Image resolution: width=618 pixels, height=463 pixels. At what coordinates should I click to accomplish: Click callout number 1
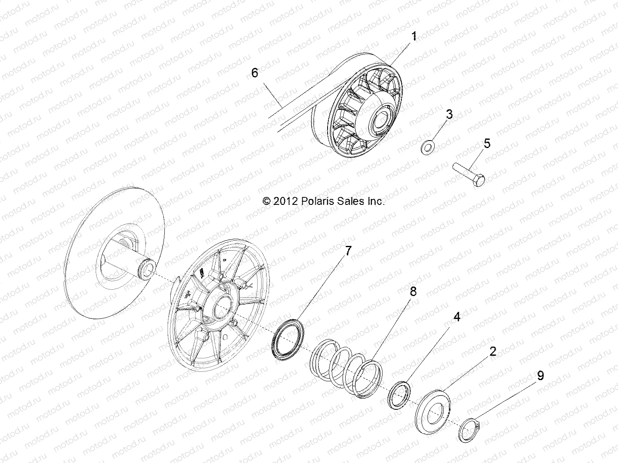point(414,37)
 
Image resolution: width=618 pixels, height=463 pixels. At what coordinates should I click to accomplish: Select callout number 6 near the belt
point(254,73)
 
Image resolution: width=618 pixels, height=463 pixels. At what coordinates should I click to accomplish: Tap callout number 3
point(449,114)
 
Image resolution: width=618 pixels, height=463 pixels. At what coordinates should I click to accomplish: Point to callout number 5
point(487,144)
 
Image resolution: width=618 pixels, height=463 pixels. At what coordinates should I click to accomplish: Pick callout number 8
point(402,292)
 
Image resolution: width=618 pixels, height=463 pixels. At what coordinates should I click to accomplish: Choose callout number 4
point(456,317)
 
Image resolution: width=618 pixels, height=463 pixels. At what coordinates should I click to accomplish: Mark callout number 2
point(493,351)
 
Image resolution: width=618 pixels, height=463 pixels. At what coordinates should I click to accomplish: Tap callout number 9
point(540,375)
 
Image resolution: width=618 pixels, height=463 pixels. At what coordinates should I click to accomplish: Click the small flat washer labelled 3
point(427,148)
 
